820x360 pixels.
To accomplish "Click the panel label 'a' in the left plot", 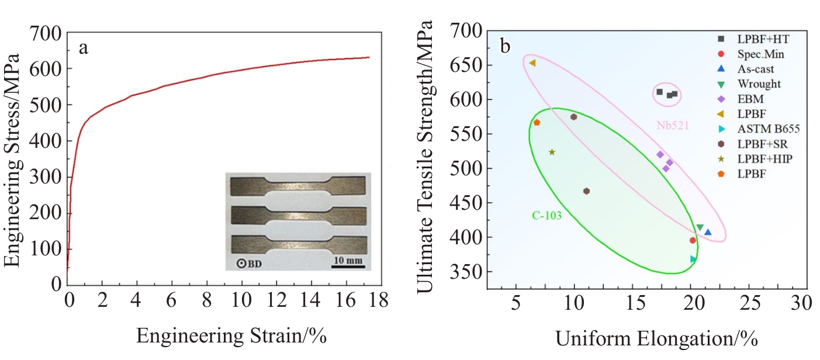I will pos(84,48).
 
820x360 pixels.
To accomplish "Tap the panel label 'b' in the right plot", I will pos(505,46).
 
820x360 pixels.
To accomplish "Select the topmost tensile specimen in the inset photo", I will pos(298,186).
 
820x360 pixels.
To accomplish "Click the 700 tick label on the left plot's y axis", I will pos(45,33).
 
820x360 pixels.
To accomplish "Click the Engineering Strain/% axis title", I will pos(231,336).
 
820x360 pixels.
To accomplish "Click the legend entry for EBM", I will pos(750,99).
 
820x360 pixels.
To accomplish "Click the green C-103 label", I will pos(546,216).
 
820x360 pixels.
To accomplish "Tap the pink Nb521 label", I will pos(667,125).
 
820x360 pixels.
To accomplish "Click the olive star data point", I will pos(552,152).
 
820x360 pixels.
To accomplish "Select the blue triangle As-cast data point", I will pos(708,232).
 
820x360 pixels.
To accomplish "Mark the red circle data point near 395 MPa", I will pos(693,240).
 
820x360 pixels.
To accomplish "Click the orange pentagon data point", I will pos(537,122).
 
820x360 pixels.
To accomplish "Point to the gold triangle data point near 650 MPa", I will pos(532,63).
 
